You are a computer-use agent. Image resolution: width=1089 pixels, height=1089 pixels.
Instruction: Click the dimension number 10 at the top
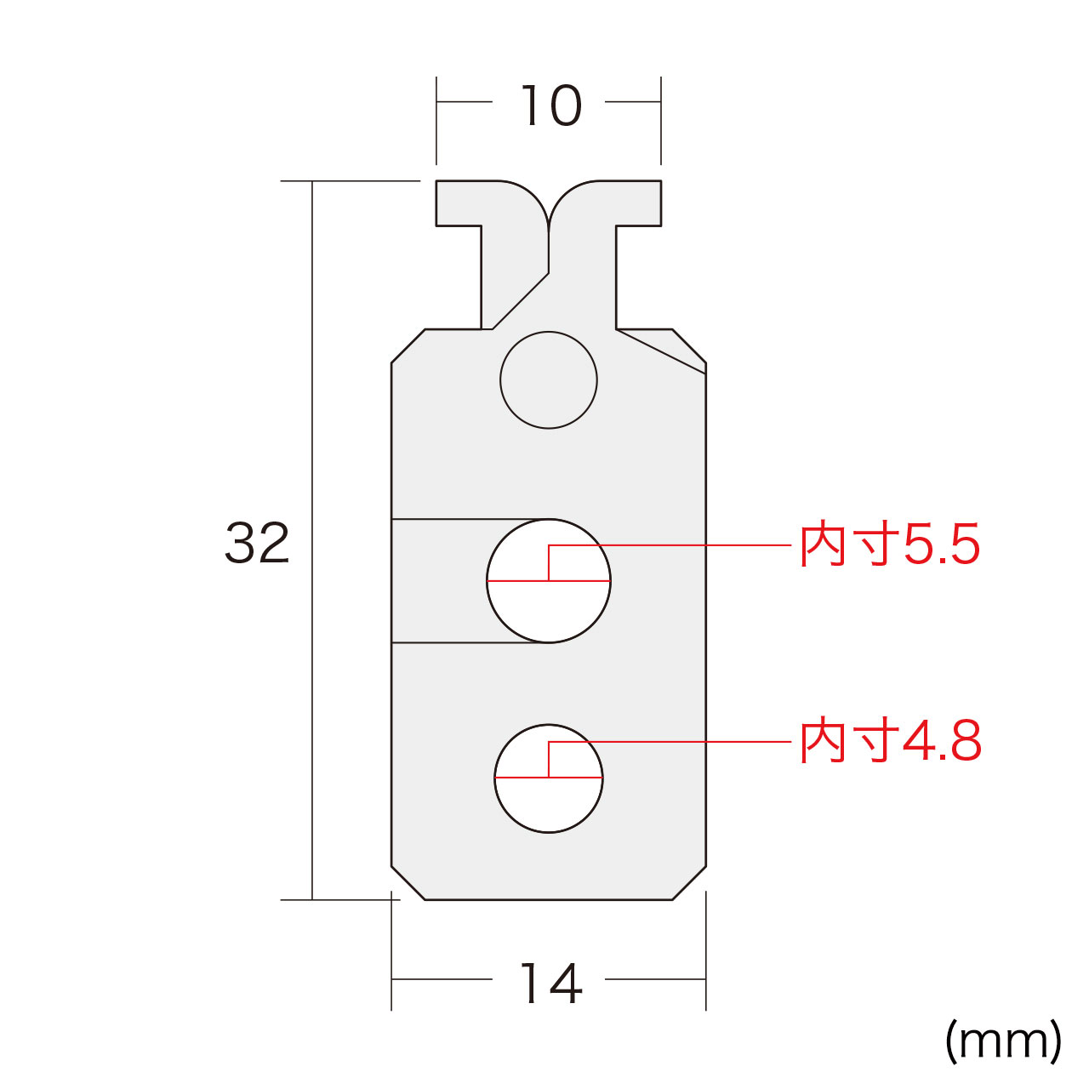click(x=550, y=105)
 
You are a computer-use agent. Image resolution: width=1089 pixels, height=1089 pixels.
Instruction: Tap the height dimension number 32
click(x=257, y=543)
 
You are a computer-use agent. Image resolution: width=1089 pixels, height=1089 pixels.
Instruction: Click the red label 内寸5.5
click(x=890, y=544)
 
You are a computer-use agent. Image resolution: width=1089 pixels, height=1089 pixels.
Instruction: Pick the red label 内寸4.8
click(x=890, y=741)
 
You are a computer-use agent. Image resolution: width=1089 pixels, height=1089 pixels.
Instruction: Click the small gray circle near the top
click(x=548, y=379)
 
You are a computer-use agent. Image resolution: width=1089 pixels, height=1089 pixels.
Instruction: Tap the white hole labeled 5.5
click(x=548, y=581)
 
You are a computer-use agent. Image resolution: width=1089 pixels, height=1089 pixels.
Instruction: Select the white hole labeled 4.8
click(x=548, y=778)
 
